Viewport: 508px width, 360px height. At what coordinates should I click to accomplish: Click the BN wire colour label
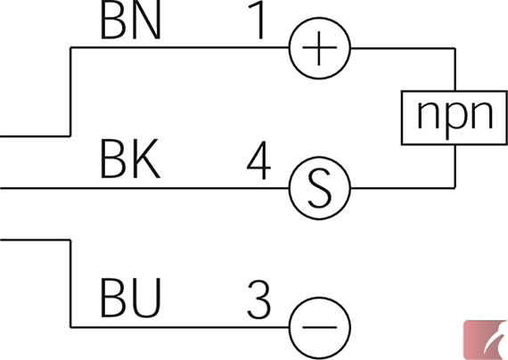pos(130,20)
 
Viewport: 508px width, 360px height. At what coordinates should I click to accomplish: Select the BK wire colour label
pos(130,159)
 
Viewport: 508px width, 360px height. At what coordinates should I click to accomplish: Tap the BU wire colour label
pos(130,298)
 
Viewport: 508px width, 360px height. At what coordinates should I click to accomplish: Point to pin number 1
pos(257,20)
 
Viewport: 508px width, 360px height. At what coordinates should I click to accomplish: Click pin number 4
pos(258,160)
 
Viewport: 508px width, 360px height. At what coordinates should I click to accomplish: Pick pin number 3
pos(258,299)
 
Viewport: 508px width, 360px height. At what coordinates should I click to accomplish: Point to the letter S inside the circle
pos(320,188)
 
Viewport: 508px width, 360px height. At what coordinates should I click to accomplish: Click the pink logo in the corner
pos(485,340)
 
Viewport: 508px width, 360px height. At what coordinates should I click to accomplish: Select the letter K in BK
pos(147,159)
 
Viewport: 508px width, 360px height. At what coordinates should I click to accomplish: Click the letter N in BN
pos(146,20)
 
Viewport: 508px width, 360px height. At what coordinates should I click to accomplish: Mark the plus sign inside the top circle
pos(319,48)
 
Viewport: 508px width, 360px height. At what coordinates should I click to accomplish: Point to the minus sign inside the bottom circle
pos(319,327)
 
